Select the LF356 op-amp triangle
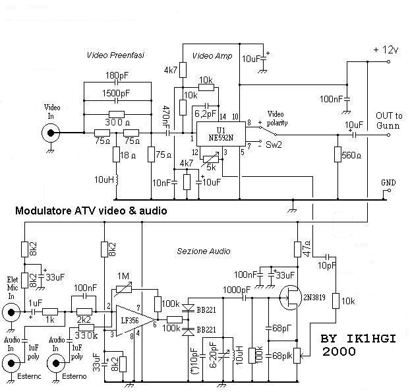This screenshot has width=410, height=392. coord(132,319)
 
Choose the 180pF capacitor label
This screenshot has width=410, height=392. coord(116,74)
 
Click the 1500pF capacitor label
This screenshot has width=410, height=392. coord(116,93)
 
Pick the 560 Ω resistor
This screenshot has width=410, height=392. coord(337,155)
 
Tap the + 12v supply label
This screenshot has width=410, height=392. coord(386,50)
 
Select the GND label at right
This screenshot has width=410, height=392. coord(390,182)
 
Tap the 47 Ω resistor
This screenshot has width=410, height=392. coord(297,249)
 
